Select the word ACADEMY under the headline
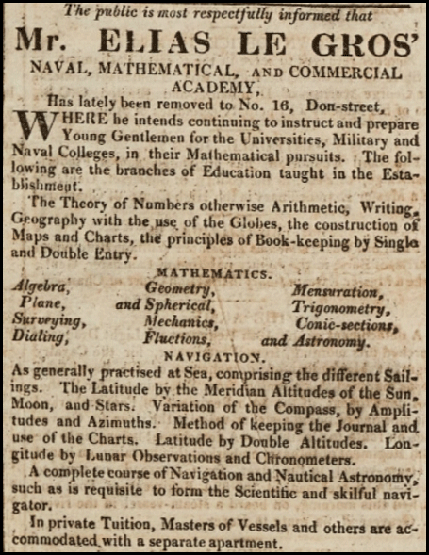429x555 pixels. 218,90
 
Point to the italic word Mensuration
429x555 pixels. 334,291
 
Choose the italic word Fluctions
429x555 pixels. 176,338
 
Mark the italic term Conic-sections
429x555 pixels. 343,323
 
